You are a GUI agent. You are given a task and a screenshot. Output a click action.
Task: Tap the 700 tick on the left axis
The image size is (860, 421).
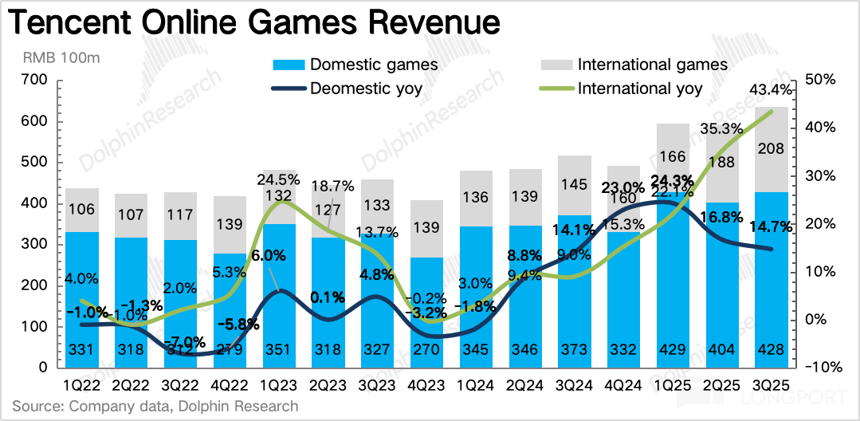coord(36,80)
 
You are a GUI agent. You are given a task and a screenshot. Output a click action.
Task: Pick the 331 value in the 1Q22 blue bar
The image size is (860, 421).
coord(84,352)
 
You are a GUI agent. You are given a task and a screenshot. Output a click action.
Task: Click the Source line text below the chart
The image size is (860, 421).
coord(155,406)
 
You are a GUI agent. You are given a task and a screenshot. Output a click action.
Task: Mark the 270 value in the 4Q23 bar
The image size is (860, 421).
coord(427,352)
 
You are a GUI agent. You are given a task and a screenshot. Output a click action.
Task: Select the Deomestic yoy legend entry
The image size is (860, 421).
coord(367,88)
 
